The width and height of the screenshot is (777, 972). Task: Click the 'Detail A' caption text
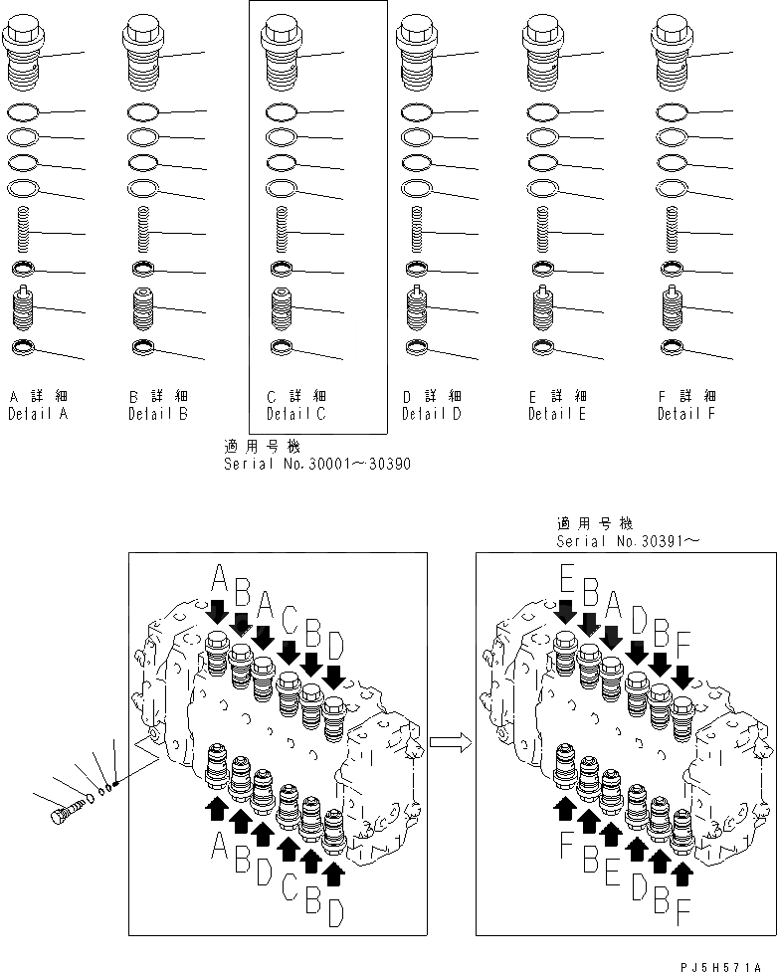[x=38, y=413]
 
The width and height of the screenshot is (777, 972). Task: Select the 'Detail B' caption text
[x=158, y=413]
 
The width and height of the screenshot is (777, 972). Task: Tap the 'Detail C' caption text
[x=295, y=413]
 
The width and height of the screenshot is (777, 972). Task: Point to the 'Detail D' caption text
[x=432, y=413]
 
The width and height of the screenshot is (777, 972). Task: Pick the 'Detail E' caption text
[x=558, y=413]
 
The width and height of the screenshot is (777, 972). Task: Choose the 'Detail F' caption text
[x=686, y=413]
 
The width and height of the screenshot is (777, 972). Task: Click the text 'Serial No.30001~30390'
[x=316, y=464]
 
